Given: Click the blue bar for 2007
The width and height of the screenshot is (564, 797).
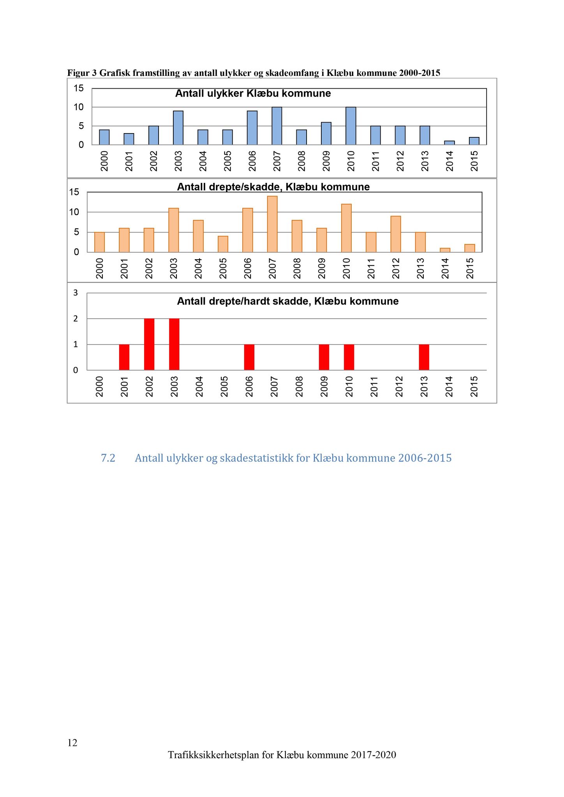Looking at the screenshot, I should (x=277, y=126).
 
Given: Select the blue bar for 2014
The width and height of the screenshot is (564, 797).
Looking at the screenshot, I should (x=449, y=143).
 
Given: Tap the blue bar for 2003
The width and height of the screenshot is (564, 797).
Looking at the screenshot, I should (x=178, y=128).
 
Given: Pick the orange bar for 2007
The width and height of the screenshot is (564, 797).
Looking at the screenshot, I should (x=272, y=224).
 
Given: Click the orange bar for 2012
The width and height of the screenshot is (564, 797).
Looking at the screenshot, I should (x=396, y=234).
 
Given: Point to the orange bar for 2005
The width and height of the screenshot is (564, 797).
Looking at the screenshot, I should (x=223, y=244).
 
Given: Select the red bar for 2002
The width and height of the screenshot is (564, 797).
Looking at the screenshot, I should (x=149, y=344).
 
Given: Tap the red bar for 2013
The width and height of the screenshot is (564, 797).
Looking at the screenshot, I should (x=424, y=357).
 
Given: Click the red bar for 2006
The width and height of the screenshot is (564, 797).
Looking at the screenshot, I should (x=249, y=357).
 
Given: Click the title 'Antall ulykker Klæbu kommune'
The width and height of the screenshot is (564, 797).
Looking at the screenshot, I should (x=253, y=94).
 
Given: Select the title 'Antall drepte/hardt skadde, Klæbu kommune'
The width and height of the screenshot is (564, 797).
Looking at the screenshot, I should (x=287, y=301).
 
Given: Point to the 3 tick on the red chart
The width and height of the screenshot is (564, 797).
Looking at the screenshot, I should (x=76, y=293).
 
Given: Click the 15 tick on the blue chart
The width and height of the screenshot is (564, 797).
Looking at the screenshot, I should (x=79, y=88).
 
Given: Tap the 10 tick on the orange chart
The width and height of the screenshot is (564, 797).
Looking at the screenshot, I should (x=74, y=212).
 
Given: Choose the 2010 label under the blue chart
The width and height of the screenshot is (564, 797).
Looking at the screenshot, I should (x=351, y=161).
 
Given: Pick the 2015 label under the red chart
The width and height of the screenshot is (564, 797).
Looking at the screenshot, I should (x=474, y=386).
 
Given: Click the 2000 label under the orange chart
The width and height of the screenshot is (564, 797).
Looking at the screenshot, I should (x=100, y=269).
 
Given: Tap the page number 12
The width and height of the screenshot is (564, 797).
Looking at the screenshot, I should (x=72, y=743).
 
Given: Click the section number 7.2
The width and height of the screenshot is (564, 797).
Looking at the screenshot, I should (x=108, y=458).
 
